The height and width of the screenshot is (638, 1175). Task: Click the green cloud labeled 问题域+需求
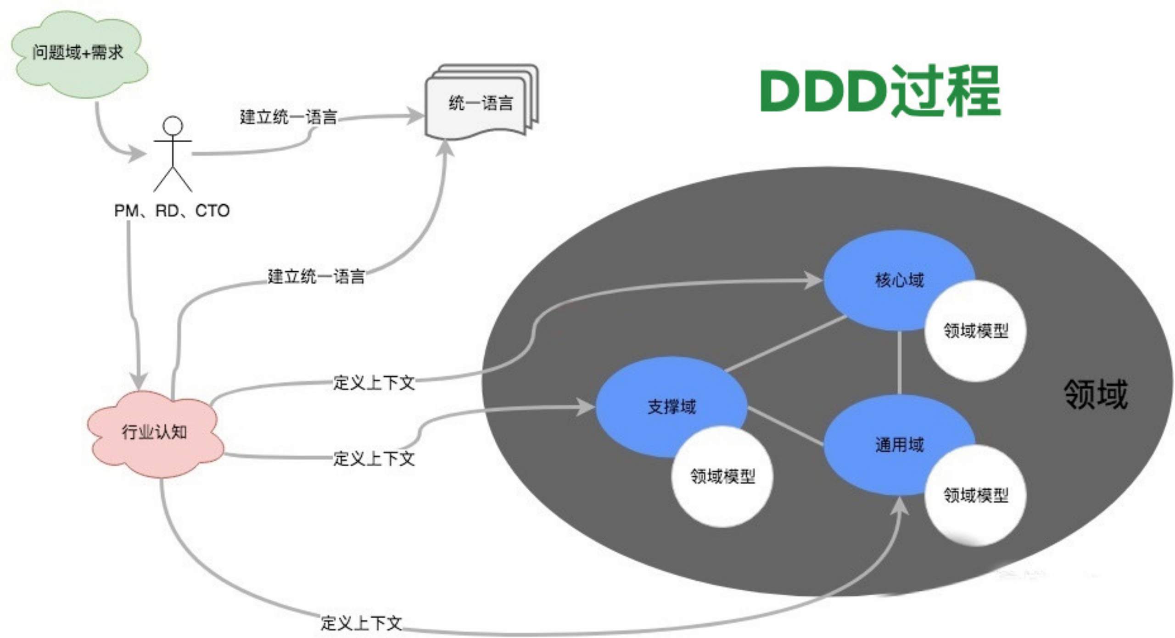coord(78,53)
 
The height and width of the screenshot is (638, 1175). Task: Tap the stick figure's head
coord(173,125)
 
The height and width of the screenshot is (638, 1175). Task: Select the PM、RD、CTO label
coord(172,211)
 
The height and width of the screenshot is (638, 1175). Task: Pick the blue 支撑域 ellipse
coord(661,407)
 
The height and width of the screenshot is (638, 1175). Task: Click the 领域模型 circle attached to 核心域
coord(976,331)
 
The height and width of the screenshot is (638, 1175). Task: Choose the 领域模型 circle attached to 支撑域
coord(722,476)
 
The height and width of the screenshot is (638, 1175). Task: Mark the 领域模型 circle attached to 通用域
coord(976,495)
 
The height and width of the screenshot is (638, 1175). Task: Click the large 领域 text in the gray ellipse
coord(1096,394)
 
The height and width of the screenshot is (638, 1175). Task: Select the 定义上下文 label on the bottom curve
coord(361,623)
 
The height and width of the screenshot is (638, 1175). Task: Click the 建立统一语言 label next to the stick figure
coord(288,117)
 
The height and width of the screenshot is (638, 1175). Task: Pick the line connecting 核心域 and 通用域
coord(900,363)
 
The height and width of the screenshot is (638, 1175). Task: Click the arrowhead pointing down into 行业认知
coord(138,381)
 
